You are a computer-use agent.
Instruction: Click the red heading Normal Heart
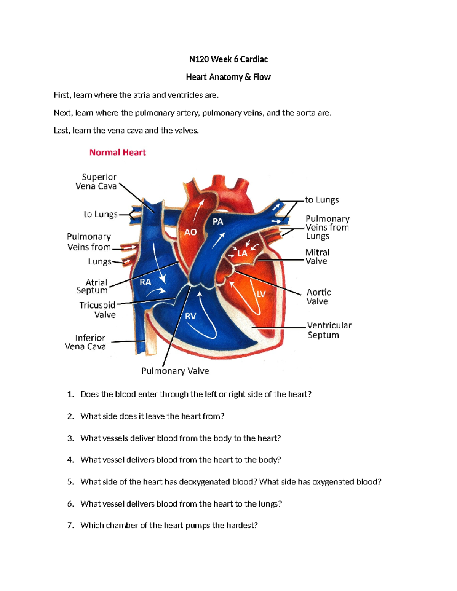pos(117,153)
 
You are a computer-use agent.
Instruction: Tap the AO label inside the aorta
pos(190,232)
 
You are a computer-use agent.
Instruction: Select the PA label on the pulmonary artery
pos(217,221)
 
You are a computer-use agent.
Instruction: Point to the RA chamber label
pos(145,282)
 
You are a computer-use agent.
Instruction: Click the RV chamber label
pos(190,316)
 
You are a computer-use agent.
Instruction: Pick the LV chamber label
pos(261,294)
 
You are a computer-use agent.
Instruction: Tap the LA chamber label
pos(242,253)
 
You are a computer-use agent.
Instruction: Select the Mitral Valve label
pos(317,256)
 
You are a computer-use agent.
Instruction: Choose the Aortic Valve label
pos(318,297)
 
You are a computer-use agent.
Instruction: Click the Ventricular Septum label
pos(329,330)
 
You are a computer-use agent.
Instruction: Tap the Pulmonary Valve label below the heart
pos(175,371)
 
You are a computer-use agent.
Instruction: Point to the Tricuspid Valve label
pos(98,310)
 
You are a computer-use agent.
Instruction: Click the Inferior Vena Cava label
pos(86,342)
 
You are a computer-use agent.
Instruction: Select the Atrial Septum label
pos(92,286)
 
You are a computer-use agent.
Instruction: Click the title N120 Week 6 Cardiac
pos(228,59)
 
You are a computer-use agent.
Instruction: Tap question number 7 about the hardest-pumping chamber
pos(169,526)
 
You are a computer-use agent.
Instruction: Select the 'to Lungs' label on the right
pos(322,200)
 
